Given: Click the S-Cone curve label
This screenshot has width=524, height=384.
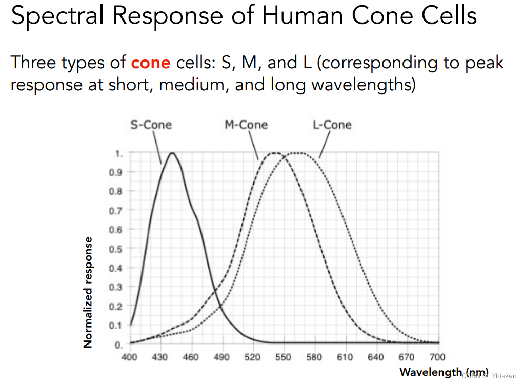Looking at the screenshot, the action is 151,125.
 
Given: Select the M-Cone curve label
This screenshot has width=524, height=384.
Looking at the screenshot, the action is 246,125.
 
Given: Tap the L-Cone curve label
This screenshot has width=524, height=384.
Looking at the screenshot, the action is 332,125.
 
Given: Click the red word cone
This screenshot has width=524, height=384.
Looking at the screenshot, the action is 151,63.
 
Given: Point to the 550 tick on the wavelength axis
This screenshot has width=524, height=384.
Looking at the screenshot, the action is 283,357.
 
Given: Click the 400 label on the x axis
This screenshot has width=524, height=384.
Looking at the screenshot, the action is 129,357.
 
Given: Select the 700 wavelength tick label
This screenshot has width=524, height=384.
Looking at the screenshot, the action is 437,357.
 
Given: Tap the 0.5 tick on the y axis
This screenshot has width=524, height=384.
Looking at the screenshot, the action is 116,249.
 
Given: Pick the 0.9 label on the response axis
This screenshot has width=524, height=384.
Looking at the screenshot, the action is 116,172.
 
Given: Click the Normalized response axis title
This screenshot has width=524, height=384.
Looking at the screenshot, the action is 88,292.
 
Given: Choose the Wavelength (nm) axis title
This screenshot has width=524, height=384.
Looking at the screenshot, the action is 444,372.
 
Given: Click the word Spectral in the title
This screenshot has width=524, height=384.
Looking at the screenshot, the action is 57,16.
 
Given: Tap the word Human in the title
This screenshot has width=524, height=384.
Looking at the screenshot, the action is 303,15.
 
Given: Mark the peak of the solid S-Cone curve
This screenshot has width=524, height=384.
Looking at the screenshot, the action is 172,153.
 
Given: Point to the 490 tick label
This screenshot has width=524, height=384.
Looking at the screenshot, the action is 221,357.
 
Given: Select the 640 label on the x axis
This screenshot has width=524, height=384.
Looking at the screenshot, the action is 376,357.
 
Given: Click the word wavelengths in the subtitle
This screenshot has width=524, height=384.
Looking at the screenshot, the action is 364,85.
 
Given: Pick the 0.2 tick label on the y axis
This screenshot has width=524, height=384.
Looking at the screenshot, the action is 116,307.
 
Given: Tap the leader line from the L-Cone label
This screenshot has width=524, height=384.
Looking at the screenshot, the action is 325,145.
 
